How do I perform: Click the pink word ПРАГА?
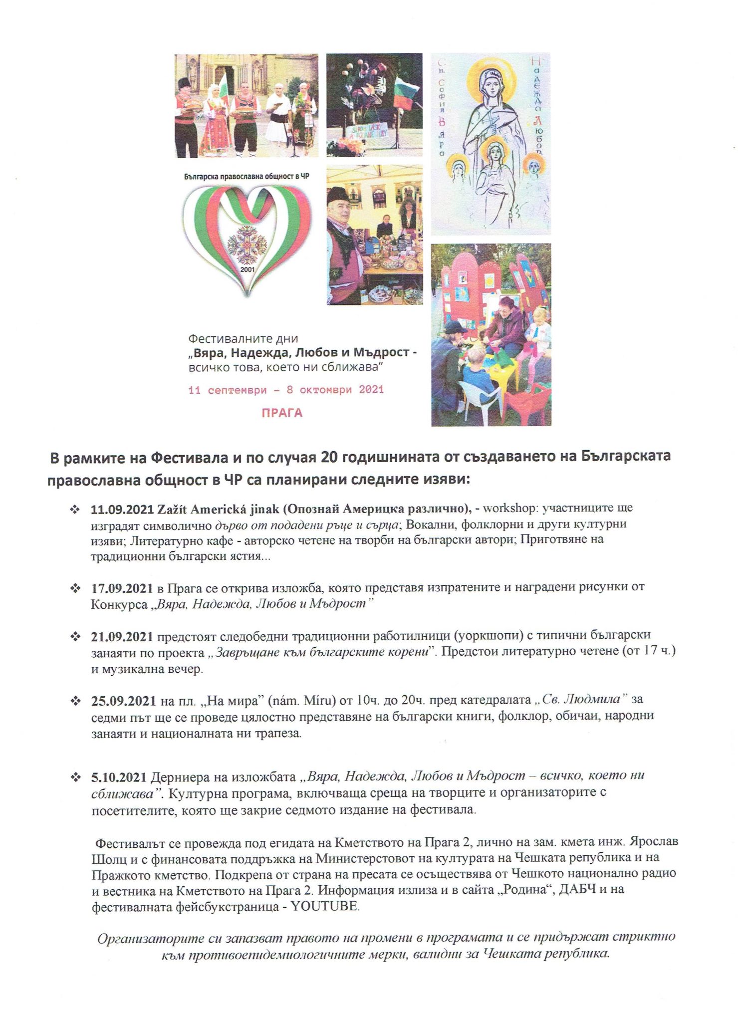click(x=282, y=413)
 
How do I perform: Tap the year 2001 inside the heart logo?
click(x=247, y=269)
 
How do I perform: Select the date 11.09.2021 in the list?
click(x=122, y=509)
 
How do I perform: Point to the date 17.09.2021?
click(x=122, y=588)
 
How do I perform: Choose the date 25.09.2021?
click(x=123, y=701)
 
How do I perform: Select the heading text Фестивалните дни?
click(x=243, y=338)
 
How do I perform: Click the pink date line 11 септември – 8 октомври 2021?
click(x=286, y=390)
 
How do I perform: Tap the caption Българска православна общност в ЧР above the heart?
click(x=246, y=176)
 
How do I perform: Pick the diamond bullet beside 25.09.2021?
click(x=75, y=701)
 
